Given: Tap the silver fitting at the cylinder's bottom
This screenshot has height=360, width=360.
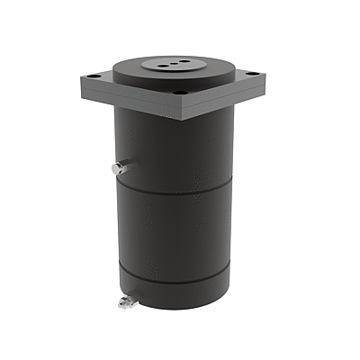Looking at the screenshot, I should [x=125, y=301].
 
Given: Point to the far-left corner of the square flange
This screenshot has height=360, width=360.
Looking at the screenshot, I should [x=81, y=80].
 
